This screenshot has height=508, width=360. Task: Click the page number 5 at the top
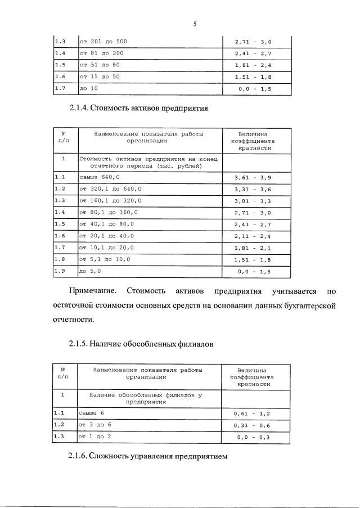coord(194,24)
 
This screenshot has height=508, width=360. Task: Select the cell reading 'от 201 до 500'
coord(103,42)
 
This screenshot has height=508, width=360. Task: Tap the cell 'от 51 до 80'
coord(100,65)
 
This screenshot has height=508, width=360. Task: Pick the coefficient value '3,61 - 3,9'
coord(253,177)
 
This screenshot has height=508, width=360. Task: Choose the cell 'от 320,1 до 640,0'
coord(111,189)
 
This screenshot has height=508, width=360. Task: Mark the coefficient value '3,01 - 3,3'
coord(253,201)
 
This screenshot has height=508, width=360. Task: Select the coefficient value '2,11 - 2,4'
coord(253,236)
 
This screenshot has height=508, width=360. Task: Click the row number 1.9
coord(60,271)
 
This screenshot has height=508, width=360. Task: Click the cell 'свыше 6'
coord(92,413)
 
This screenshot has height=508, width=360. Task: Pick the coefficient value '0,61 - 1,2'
coord(253,413)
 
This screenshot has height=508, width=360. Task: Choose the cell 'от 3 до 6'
coord(95,425)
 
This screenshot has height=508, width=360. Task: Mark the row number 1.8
coord(60,259)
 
